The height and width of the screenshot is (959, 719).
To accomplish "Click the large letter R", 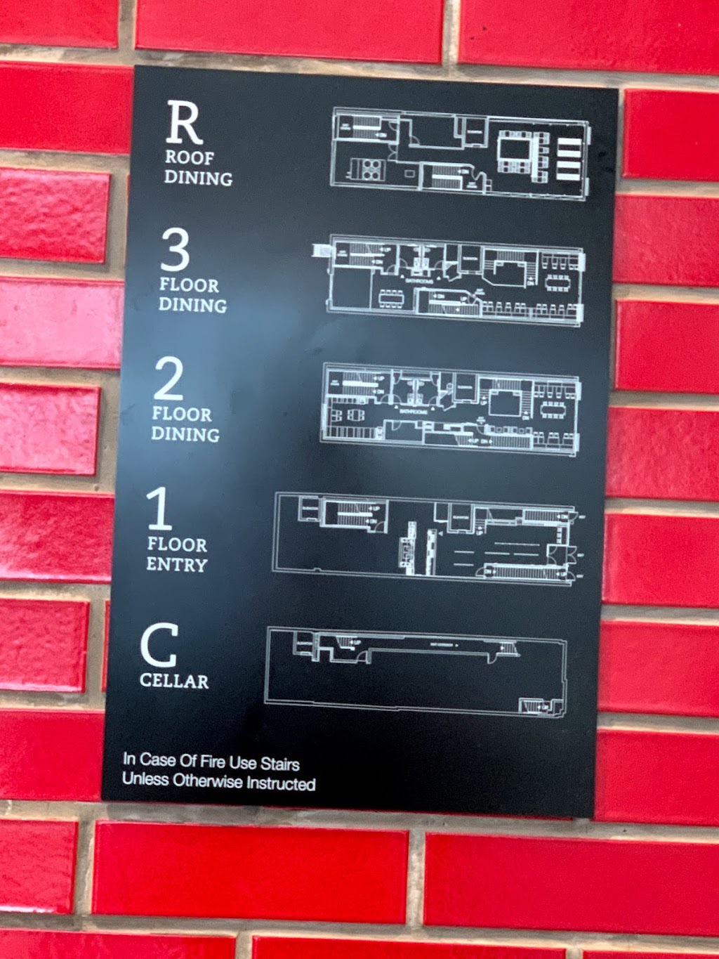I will pos(184,123).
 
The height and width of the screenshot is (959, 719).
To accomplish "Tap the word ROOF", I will pos(190,157).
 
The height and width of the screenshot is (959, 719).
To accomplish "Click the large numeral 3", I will pos(175,251).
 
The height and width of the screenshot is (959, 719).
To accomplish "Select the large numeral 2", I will pos(169,379).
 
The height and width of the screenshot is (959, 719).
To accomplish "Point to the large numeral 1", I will pos(159,509).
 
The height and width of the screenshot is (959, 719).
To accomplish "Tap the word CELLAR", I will pos(174,681).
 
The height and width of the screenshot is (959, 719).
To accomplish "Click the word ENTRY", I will pos(176,565).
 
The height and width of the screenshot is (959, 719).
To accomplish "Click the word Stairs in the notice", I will pos(280,764).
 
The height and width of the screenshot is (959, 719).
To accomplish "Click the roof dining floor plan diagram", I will pos(460,153).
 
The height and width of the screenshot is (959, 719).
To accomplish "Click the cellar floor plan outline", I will pos(416,671).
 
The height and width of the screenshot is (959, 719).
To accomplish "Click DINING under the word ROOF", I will pos(198,178).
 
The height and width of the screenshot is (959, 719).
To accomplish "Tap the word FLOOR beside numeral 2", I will pos(182,414).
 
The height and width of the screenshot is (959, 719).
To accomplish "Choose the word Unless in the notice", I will pos(145,779).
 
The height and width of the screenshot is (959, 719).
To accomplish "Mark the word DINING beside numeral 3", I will pos(193,305).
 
